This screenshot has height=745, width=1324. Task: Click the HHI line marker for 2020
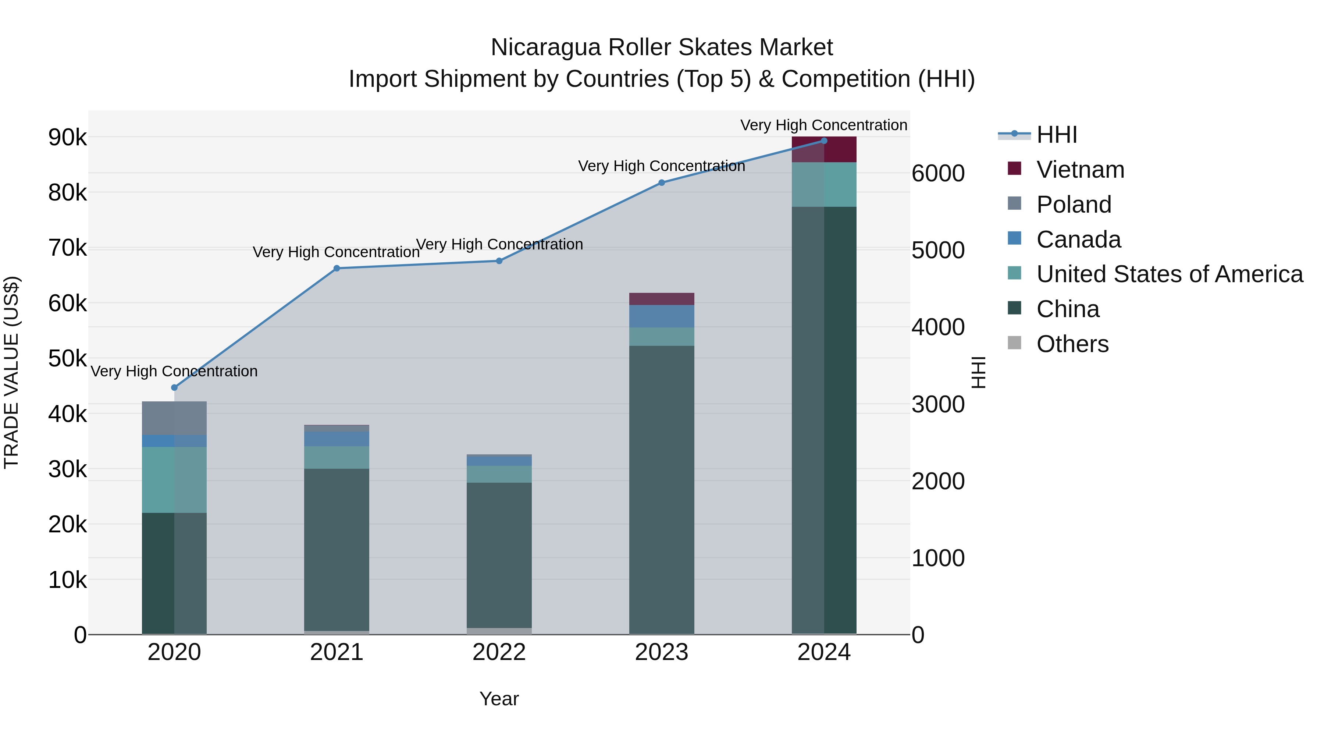174,388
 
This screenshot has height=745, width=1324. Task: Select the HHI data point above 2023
662,182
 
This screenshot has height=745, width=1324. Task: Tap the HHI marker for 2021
337,269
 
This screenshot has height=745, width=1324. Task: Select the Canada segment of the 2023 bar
662,316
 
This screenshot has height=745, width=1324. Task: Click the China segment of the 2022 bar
499,555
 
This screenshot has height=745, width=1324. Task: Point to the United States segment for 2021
337,458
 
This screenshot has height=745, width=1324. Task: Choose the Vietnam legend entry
1080,170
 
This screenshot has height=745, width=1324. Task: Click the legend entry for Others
1072,344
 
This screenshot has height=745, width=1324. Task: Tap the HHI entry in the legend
1056,135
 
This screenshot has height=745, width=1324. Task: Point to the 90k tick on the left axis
67,138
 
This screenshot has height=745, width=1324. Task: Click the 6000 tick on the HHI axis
938,174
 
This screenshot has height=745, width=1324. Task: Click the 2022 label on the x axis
499,652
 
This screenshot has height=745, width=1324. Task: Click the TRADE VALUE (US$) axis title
11,372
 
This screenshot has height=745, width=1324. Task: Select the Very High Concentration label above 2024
823,125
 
